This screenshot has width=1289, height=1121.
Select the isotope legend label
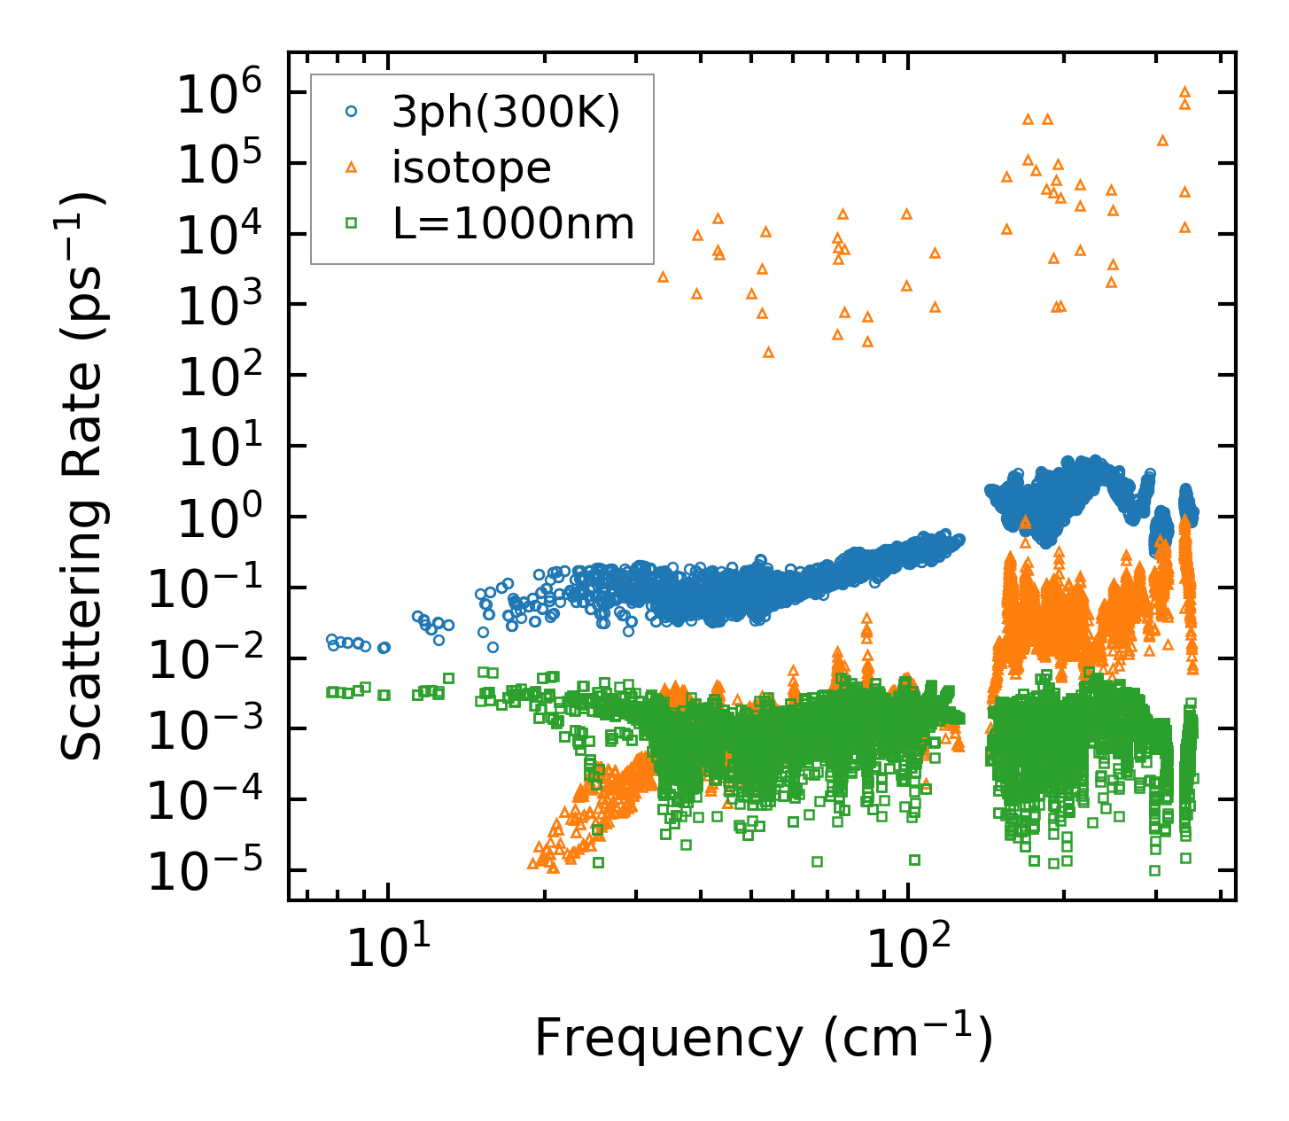pos(471,167)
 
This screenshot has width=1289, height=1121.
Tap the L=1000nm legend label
pos(514,224)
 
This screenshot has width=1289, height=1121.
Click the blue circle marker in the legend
pos(351,112)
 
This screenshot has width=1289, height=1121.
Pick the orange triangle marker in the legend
pos(351,167)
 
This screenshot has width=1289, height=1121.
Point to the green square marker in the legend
pos(351,223)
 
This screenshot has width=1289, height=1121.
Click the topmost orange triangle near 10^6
pos(1184,92)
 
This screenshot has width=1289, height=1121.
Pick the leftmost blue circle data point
pos(331,639)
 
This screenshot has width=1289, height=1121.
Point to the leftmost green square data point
pos(330,691)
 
